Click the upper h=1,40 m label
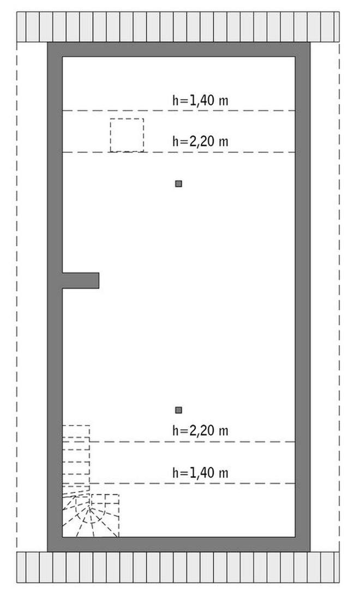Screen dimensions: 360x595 [x=200, y=100]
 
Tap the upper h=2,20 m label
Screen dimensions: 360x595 [x=200, y=142]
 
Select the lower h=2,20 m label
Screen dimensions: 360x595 [x=200, y=431]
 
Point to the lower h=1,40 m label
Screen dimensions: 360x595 [x=200, y=473]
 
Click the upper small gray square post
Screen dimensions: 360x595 [x=179, y=184]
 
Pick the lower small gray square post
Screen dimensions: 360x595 [x=179, y=410]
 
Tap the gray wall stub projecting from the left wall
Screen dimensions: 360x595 [x=80, y=280]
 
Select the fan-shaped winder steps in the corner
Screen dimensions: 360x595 [x=91, y=515]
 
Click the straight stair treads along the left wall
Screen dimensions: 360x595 [x=76, y=455]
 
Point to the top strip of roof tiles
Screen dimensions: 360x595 [x=178, y=27]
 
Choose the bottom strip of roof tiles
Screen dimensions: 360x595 [x=178, y=567]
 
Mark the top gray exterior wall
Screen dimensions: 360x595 [x=179, y=50]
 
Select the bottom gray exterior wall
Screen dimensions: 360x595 [x=179, y=544]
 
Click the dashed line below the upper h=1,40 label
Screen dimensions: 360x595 [x=179, y=111]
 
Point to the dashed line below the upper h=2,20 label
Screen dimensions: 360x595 [x=179, y=152]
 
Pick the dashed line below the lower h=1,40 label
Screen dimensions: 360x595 [x=179, y=483]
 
